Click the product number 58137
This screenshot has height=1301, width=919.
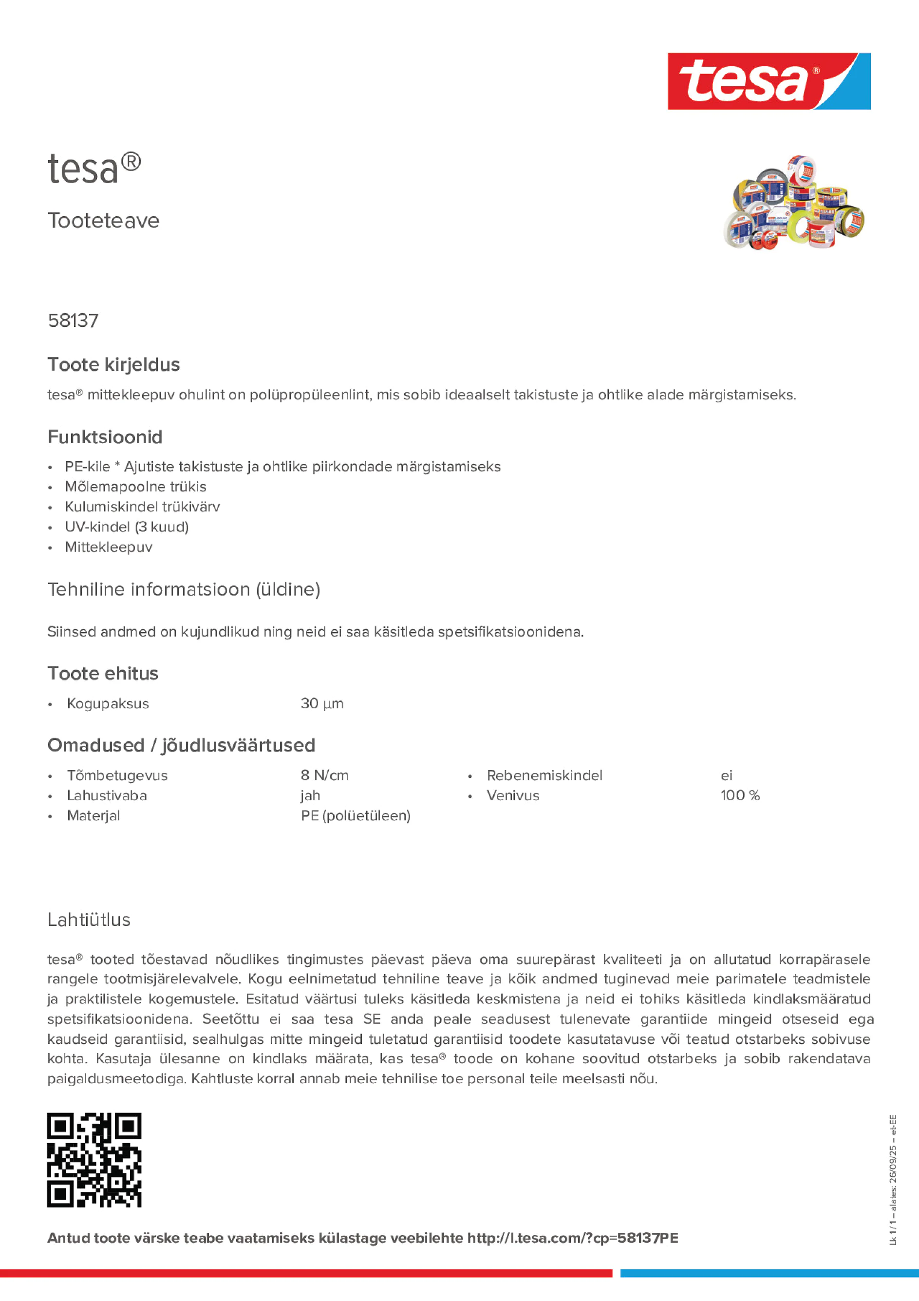(73, 321)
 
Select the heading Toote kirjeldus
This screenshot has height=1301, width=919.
(113, 364)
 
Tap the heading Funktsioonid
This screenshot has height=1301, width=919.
(105, 437)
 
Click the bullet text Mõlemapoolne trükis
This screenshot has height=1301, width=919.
(135, 487)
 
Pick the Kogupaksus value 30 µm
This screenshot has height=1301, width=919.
(322, 704)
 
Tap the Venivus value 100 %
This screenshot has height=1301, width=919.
(739, 795)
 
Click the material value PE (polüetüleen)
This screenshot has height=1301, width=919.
(355, 816)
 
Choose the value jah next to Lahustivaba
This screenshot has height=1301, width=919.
(311, 795)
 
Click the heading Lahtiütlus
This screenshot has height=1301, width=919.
(89, 920)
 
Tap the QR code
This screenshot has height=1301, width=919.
(94, 1160)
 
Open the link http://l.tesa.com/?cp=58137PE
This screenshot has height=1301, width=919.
(572, 1238)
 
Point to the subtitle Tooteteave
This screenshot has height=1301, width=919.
(103, 221)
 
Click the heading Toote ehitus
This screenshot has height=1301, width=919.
(103, 673)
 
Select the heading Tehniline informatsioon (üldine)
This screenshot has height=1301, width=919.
(184, 589)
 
